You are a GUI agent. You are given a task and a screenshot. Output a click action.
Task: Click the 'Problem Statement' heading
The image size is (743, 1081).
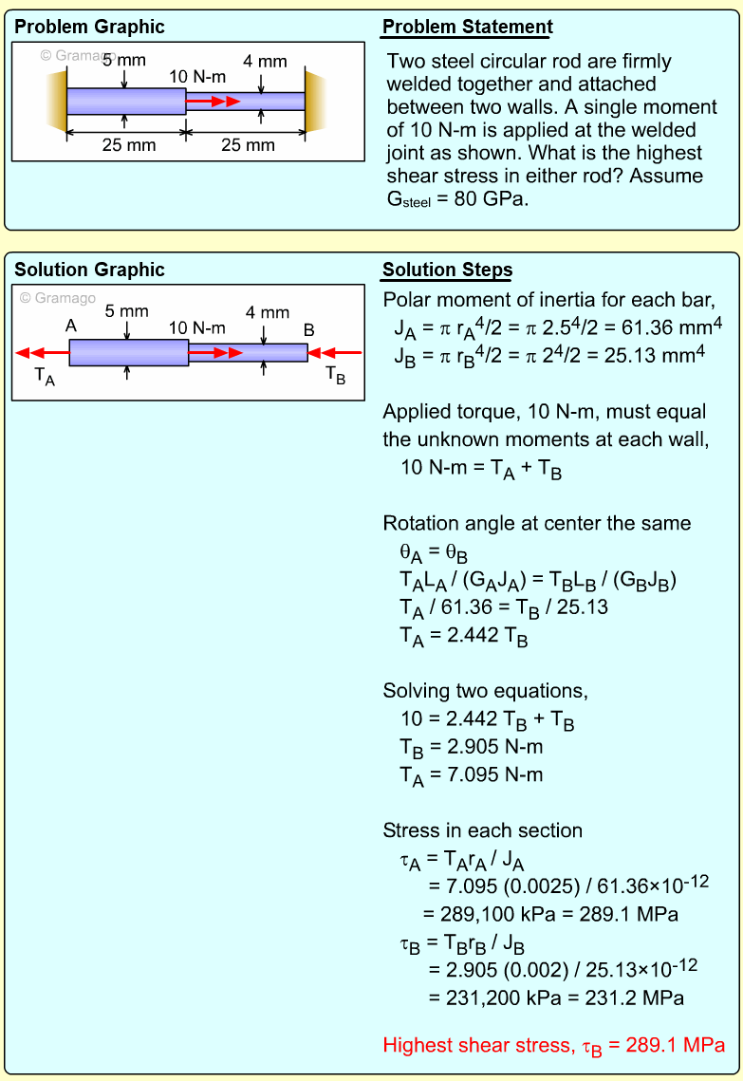467,28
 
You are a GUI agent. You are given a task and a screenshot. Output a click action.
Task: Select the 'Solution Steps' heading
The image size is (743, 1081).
447,270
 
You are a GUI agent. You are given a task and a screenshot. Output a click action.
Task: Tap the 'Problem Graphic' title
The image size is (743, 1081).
89,28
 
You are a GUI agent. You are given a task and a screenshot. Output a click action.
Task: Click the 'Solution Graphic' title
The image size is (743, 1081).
89,270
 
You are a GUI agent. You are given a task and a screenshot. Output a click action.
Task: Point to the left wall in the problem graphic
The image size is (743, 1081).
55,101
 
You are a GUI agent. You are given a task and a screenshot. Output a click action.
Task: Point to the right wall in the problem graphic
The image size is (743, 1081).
315,101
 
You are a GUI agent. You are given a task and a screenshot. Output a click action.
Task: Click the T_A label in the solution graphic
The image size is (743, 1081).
45,375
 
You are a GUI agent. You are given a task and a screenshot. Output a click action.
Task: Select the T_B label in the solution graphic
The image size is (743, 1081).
336,375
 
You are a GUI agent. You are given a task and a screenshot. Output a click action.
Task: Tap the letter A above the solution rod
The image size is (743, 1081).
71,326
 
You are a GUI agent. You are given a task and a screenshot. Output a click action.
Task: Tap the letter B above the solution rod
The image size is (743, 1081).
308,329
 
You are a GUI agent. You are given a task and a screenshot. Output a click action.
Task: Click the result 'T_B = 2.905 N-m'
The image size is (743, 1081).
472,748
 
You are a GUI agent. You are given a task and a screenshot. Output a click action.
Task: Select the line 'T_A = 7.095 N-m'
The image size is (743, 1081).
472,775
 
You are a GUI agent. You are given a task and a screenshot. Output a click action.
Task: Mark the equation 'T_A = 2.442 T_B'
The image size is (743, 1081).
464,636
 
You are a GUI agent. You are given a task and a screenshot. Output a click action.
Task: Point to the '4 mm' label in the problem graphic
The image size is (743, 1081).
265,63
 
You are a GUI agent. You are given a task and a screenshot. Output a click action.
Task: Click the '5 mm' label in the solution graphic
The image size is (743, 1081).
126,311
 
